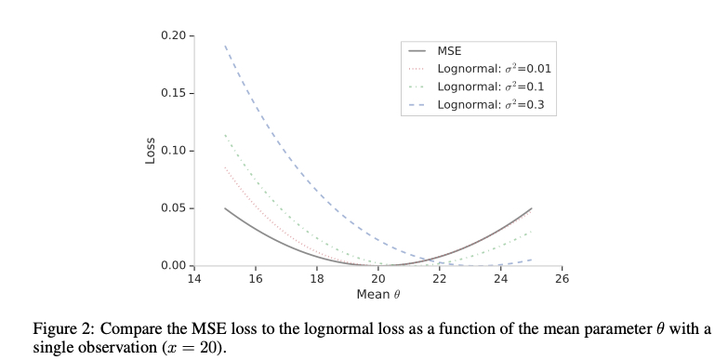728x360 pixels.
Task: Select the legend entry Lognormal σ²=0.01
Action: [494, 69]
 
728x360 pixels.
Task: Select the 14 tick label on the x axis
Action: [194, 279]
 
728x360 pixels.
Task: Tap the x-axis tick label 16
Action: [256, 279]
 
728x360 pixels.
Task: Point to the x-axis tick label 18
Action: [317, 279]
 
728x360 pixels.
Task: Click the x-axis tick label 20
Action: [378, 279]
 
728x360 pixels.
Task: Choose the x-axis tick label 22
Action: [440, 279]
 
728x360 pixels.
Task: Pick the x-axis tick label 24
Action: [501, 279]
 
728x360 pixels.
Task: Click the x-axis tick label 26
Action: [563, 279]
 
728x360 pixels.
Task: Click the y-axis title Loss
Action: [150, 151]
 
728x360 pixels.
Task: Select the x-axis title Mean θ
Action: [377, 295]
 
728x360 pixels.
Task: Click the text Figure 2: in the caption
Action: [62, 330]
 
